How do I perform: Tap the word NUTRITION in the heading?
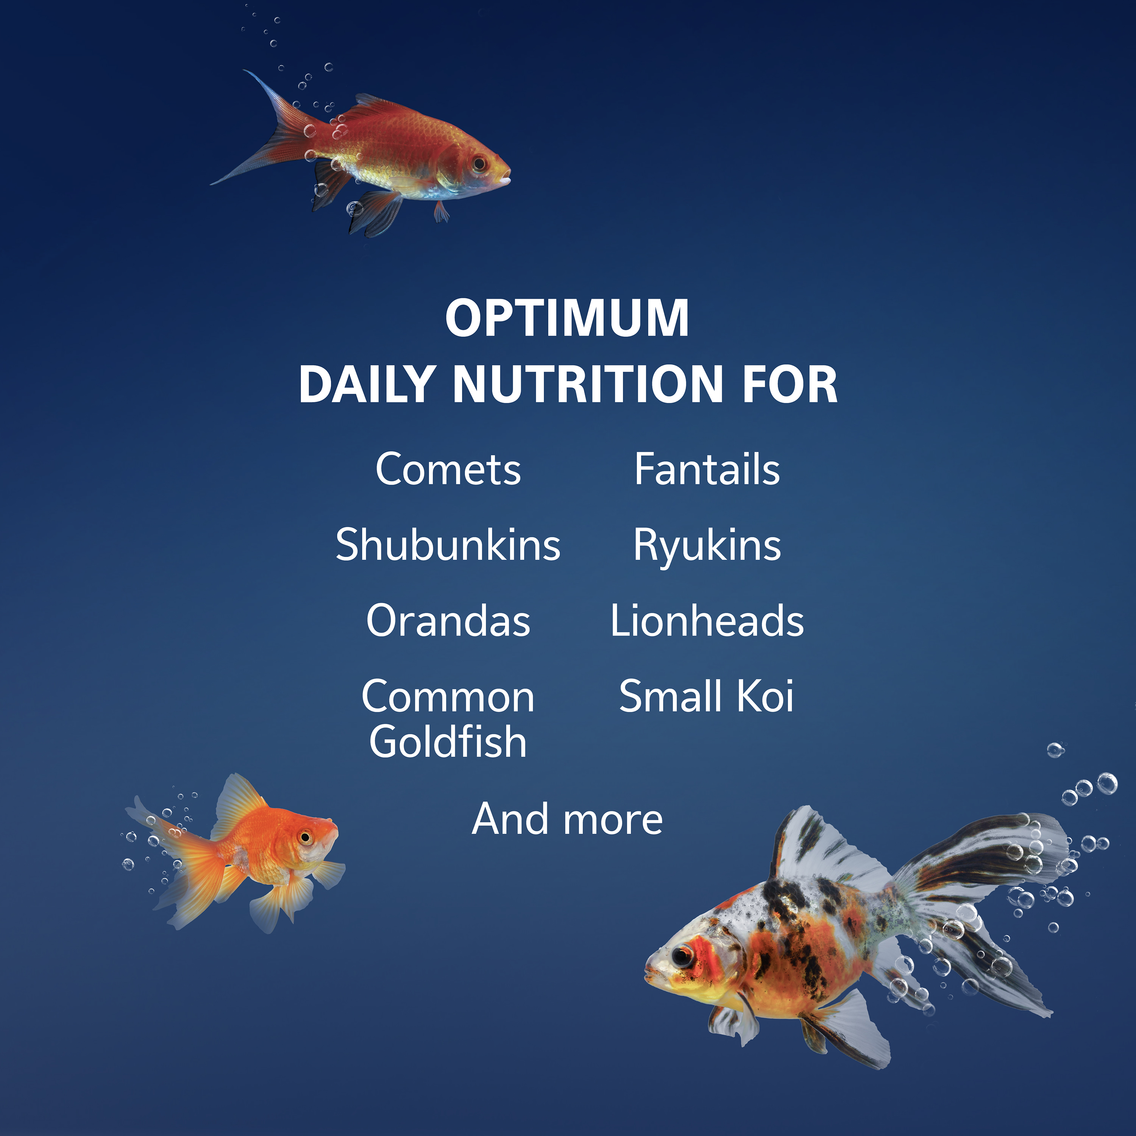[588, 385]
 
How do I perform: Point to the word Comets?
[448, 470]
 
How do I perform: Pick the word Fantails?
[707, 470]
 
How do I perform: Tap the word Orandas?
[448, 621]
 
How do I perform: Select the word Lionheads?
[707, 621]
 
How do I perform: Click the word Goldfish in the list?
[448, 742]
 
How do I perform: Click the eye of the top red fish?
[479, 163]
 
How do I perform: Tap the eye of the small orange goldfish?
[305, 837]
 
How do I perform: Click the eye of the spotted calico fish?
[682, 955]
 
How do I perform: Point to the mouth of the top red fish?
[507, 176]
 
